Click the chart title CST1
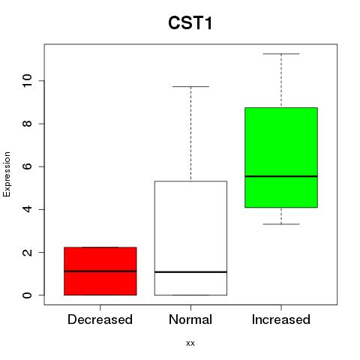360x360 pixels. [x=190, y=23]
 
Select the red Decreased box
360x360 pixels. [x=100, y=271]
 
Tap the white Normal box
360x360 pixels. [x=190, y=238]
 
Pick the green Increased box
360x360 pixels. [x=281, y=157]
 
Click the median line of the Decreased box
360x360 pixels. [x=100, y=271]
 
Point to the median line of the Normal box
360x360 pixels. [x=190, y=271]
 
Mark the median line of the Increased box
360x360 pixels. [x=281, y=176]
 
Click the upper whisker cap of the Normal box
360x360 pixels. [x=190, y=86]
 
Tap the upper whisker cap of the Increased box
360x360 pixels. [x=281, y=54]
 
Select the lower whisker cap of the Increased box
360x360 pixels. [x=281, y=224]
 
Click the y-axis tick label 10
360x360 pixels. [x=27, y=81]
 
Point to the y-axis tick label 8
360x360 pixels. [x=27, y=124]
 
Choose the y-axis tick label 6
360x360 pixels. [x=27, y=166]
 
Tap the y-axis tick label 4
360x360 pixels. [x=27, y=209]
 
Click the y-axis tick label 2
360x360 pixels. [x=27, y=252]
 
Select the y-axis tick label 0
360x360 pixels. [x=27, y=295]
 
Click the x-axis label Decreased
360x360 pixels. [x=100, y=319]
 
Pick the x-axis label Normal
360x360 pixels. [x=190, y=319]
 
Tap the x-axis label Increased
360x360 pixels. [x=281, y=319]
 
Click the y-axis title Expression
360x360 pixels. [x=7, y=174]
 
